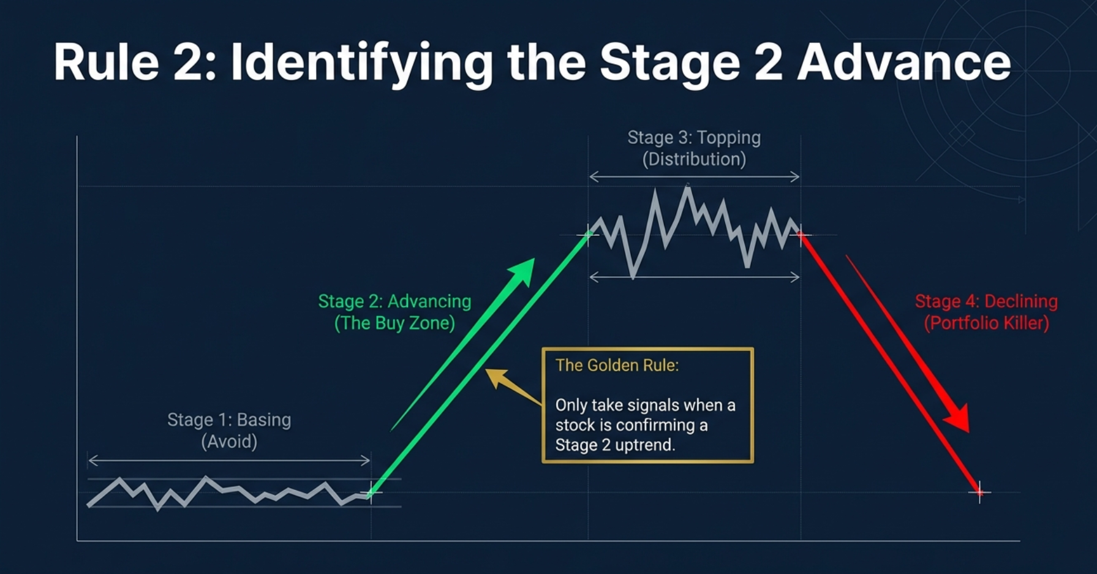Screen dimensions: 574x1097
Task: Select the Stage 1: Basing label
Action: [x=229, y=420]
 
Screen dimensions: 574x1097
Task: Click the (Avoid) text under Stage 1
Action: [x=229, y=442]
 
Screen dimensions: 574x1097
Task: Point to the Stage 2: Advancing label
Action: [x=394, y=301]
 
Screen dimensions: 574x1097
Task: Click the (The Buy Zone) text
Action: [x=394, y=323]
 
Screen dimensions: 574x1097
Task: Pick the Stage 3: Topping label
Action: [x=694, y=138]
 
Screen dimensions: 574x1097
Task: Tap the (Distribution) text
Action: [x=694, y=159]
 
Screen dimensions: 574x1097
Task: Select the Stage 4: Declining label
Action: [x=986, y=301]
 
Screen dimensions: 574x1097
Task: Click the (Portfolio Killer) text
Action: [x=986, y=323]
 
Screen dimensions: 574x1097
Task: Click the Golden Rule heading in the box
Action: [x=617, y=366]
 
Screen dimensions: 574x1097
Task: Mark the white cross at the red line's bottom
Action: [x=979, y=491]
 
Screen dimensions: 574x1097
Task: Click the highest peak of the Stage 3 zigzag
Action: [x=687, y=187]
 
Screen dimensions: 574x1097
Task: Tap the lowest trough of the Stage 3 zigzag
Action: [x=633, y=277]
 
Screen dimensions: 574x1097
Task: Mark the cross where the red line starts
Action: [x=801, y=234]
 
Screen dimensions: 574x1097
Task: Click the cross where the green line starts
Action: [x=371, y=493]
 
